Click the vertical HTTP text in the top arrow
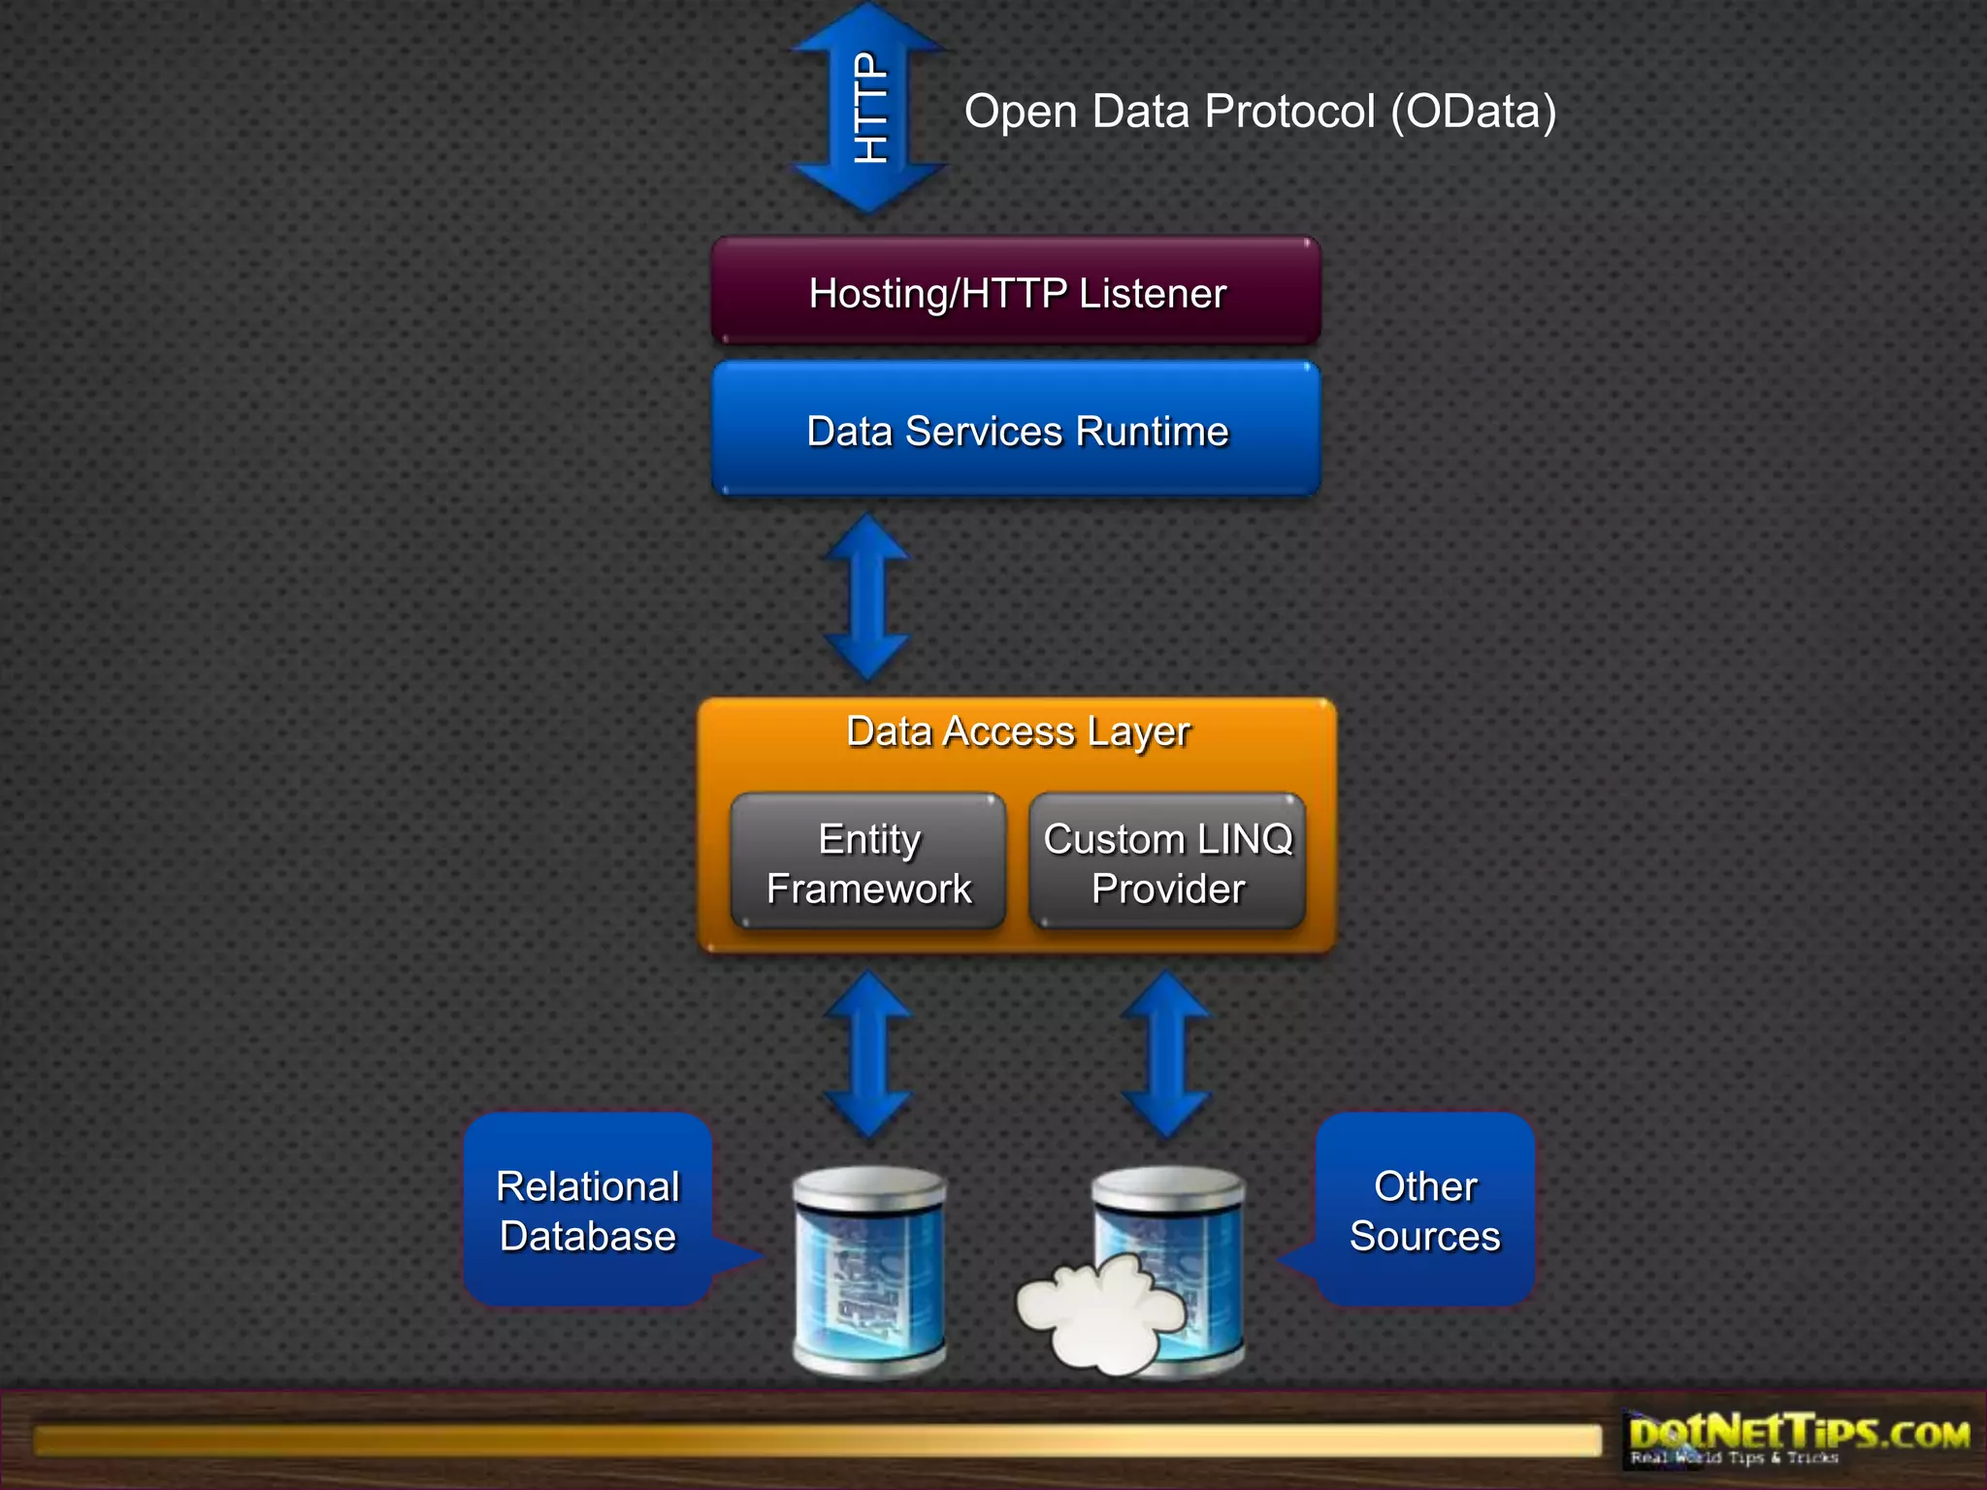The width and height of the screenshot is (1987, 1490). click(x=870, y=107)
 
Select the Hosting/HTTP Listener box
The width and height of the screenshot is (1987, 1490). click(x=1016, y=292)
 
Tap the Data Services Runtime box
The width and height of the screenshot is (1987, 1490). click(x=1016, y=430)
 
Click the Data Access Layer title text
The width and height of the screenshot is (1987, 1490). click(x=1017, y=731)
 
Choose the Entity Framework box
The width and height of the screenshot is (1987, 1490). click(x=868, y=862)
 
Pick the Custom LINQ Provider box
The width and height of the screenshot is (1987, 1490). click(x=1167, y=862)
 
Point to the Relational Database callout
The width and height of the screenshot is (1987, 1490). click(x=588, y=1210)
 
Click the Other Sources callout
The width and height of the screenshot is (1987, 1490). click(x=1424, y=1210)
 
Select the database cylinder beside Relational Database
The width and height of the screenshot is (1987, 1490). click(x=869, y=1271)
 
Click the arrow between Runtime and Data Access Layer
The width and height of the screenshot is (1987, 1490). click(x=866, y=597)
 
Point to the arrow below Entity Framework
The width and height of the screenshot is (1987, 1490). click(x=867, y=1054)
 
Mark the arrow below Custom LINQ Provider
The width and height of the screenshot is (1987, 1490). click(x=1165, y=1054)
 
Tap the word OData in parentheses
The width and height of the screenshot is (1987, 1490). click(x=1474, y=112)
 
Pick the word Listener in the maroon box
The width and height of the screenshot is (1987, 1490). click(x=1153, y=293)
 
